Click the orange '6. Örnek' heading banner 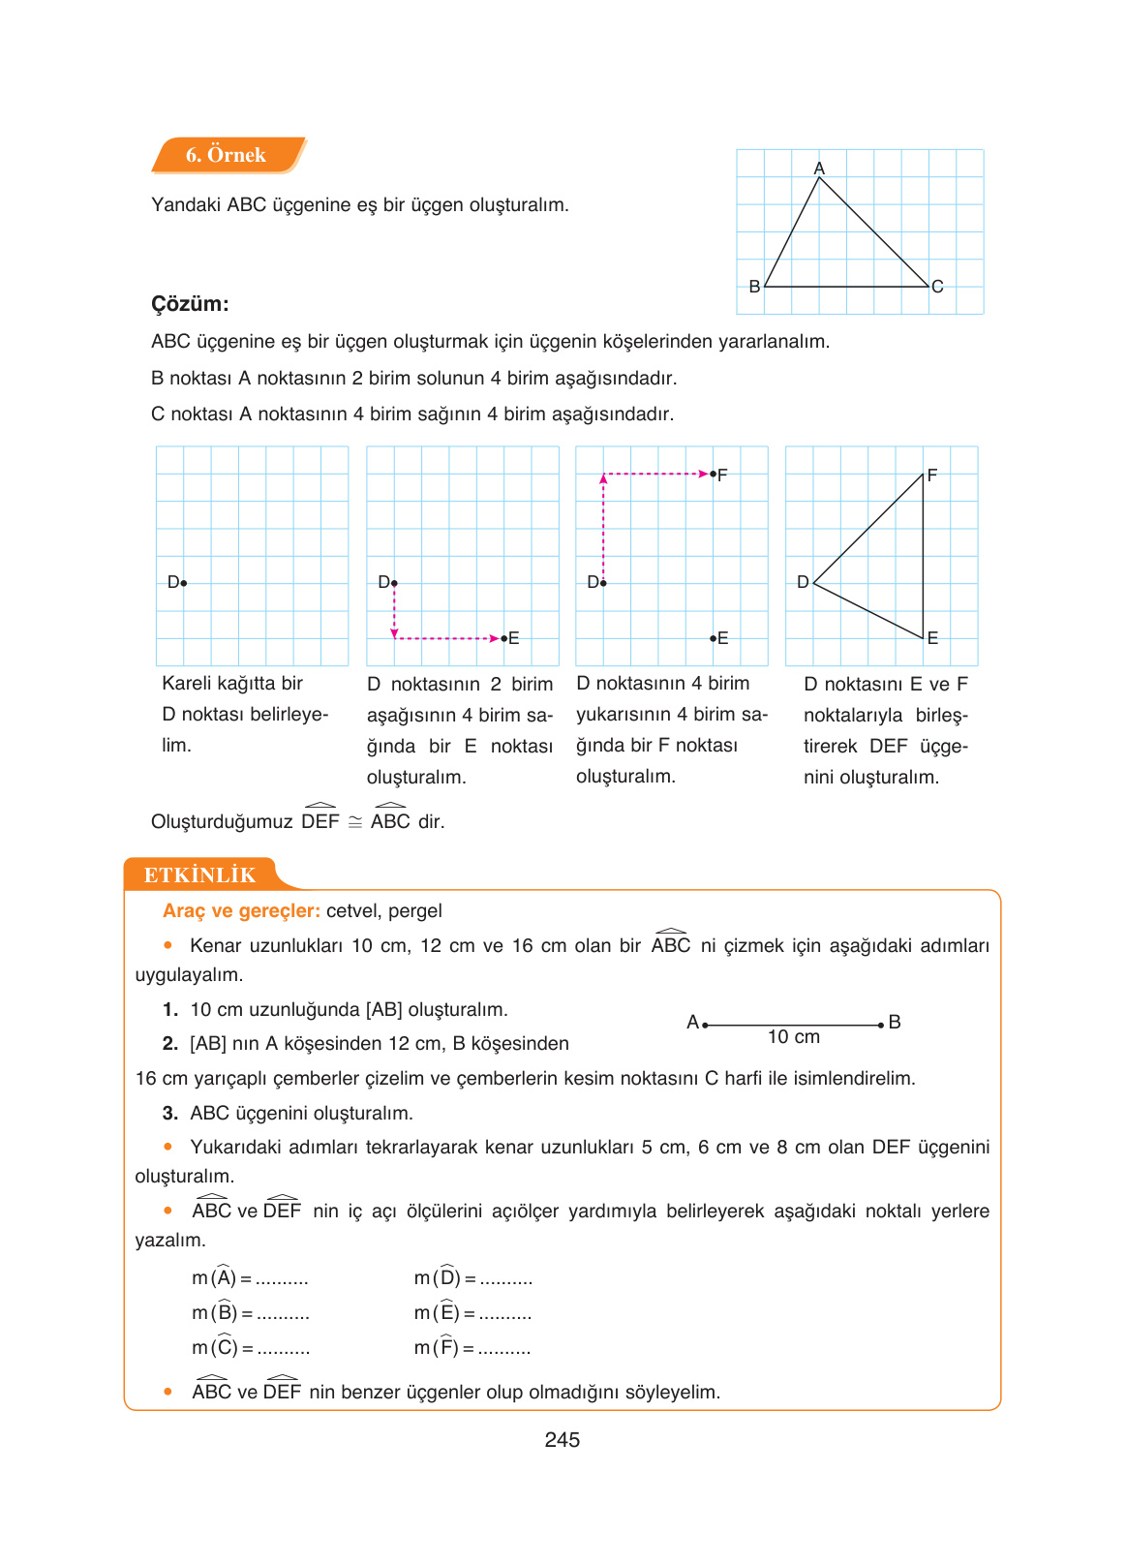coord(227,155)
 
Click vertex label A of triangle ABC coord(819,169)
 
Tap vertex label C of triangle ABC coord(937,287)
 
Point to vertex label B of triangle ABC coord(754,287)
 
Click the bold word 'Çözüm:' coord(190,304)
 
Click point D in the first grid coord(184,583)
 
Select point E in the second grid coord(504,638)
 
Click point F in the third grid coord(714,475)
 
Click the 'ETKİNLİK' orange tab coord(199,875)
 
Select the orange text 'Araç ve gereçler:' coord(241,911)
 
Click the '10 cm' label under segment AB coord(793,1037)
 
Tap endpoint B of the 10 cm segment coord(881,1025)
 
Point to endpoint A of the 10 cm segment coord(705,1025)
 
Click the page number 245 coord(562,1440)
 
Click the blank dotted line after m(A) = coord(282,1280)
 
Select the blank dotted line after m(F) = coord(504,1349)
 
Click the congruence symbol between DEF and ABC coord(355,822)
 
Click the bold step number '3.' coord(170,1114)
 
